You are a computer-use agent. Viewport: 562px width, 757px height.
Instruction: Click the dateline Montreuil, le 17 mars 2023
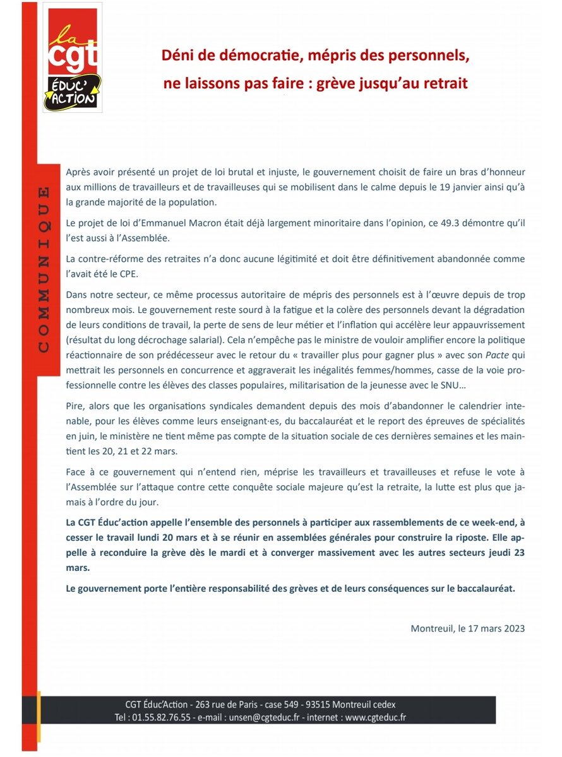point(468,629)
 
